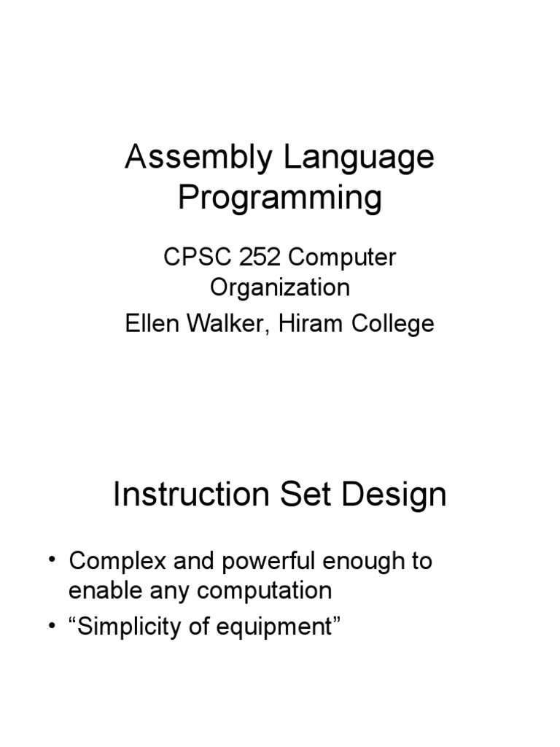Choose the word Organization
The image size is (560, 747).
coord(280,287)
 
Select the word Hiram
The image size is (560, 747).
coord(312,322)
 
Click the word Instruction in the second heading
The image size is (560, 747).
coord(192,495)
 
